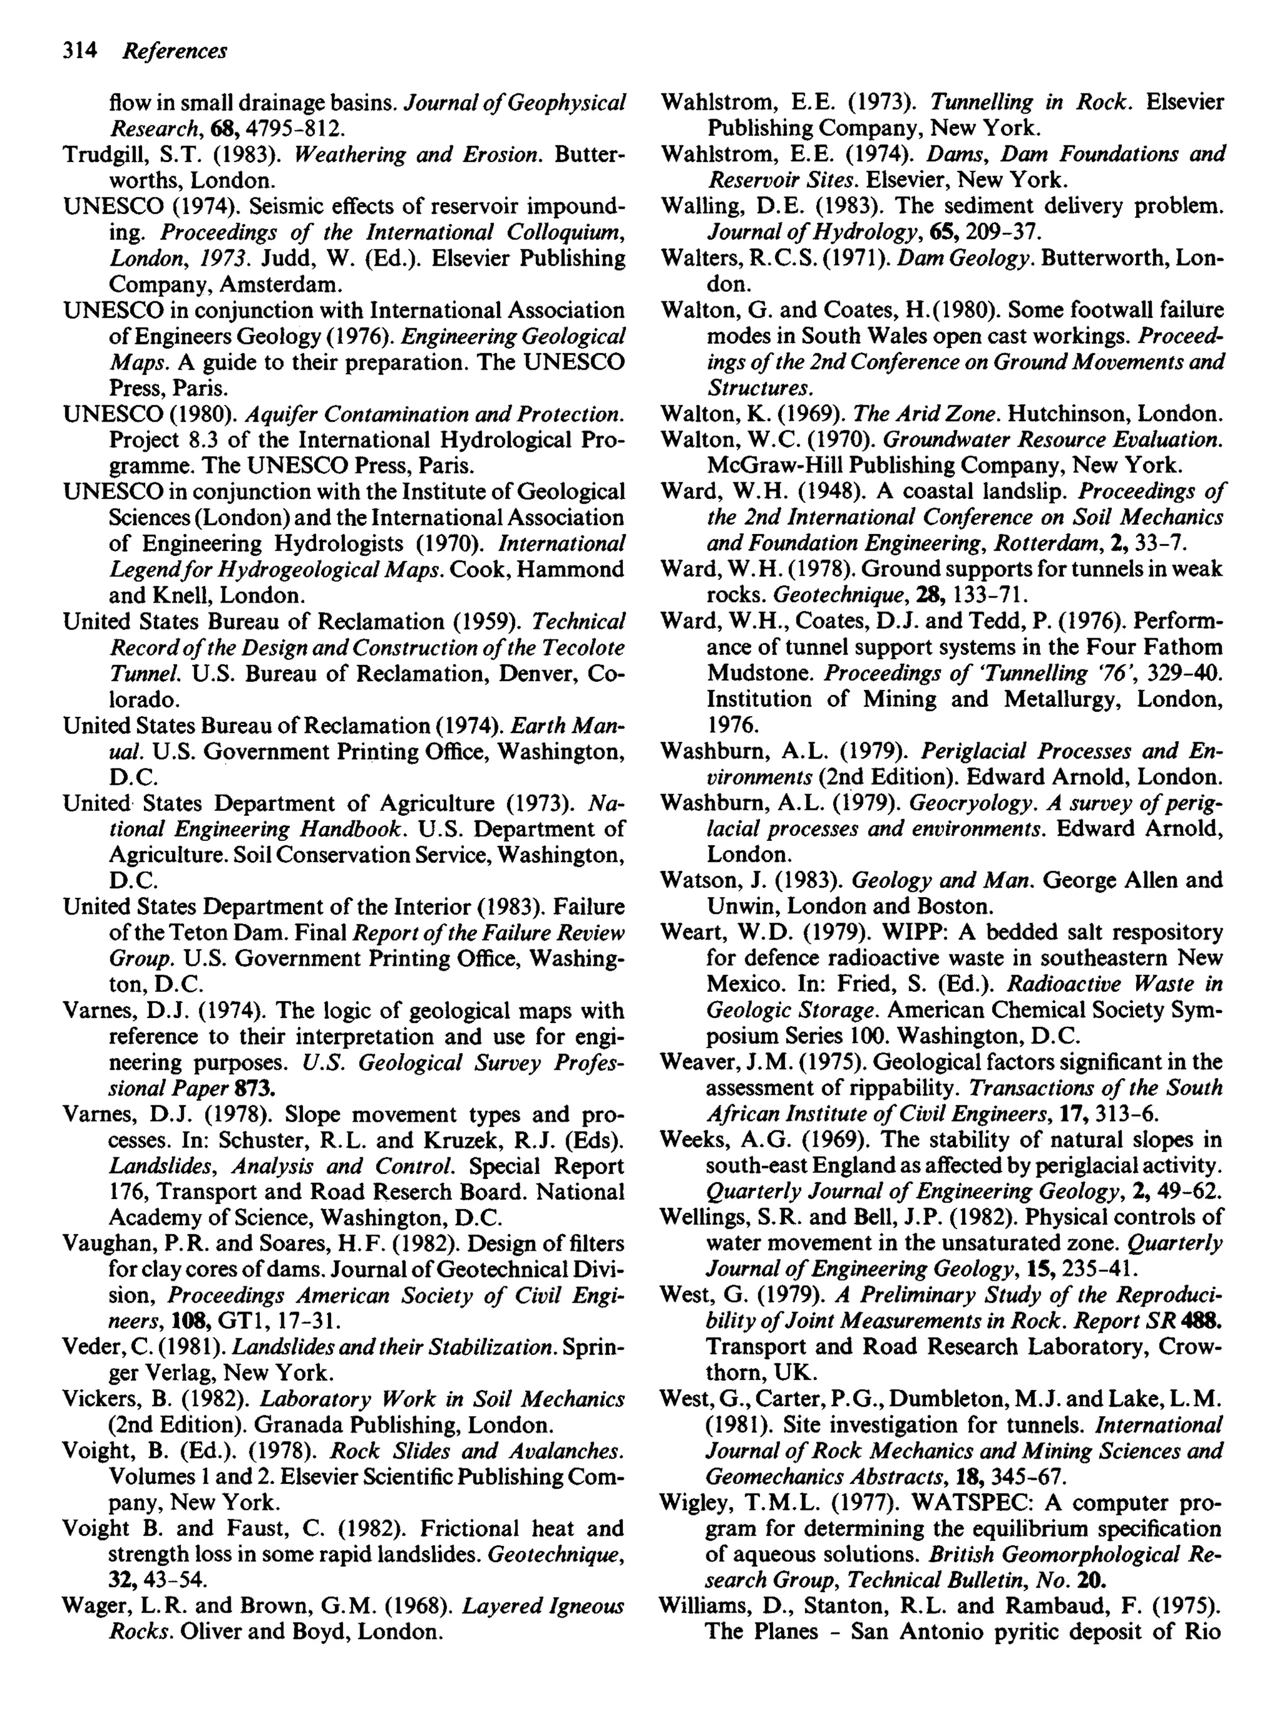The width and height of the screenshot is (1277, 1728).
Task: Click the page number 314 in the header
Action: pos(79,51)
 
